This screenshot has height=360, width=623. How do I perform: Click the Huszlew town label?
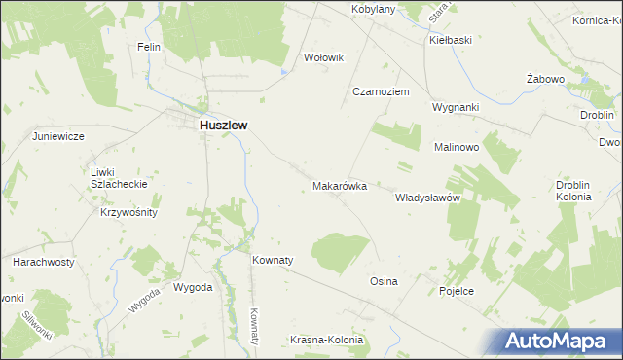223,126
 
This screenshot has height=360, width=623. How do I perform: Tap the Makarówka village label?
339,185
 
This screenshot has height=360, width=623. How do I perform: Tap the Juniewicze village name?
60,136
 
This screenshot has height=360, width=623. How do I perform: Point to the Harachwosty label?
44,263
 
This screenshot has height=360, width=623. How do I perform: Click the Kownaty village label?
273,261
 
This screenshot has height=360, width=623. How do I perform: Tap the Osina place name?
384,281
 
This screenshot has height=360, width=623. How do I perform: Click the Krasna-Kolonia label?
327,341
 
